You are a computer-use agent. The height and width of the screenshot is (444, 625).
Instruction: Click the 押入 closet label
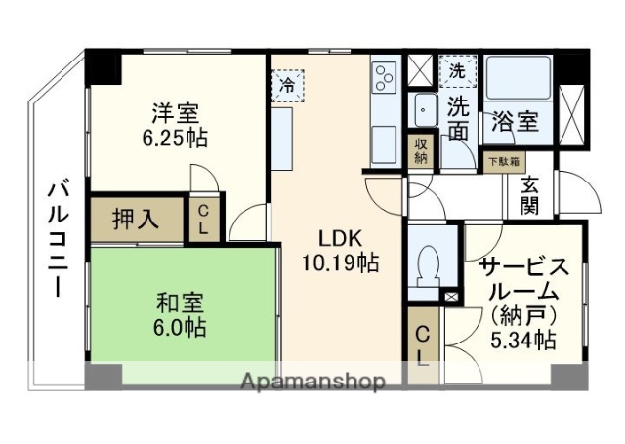pyautogui.click(x=136, y=219)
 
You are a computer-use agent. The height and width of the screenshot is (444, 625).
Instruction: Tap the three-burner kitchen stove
pyautogui.click(x=383, y=75)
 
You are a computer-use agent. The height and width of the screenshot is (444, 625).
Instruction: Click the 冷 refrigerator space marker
pyautogui.click(x=287, y=86)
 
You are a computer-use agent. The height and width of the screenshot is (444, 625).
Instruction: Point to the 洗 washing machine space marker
pyautogui.click(x=456, y=69)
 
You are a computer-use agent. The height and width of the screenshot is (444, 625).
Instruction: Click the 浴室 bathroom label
pyautogui.click(x=515, y=122)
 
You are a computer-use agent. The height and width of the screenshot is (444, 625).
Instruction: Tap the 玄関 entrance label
pyautogui.click(x=530, y=194)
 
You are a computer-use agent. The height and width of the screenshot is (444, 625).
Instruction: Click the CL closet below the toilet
pyautogui.click(x=424, y=343)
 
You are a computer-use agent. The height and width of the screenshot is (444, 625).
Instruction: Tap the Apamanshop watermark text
pyautogui.click(x=312, y=381)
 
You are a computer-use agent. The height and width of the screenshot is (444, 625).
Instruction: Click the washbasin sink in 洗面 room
pyautogui.click(x=426, y=108)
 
